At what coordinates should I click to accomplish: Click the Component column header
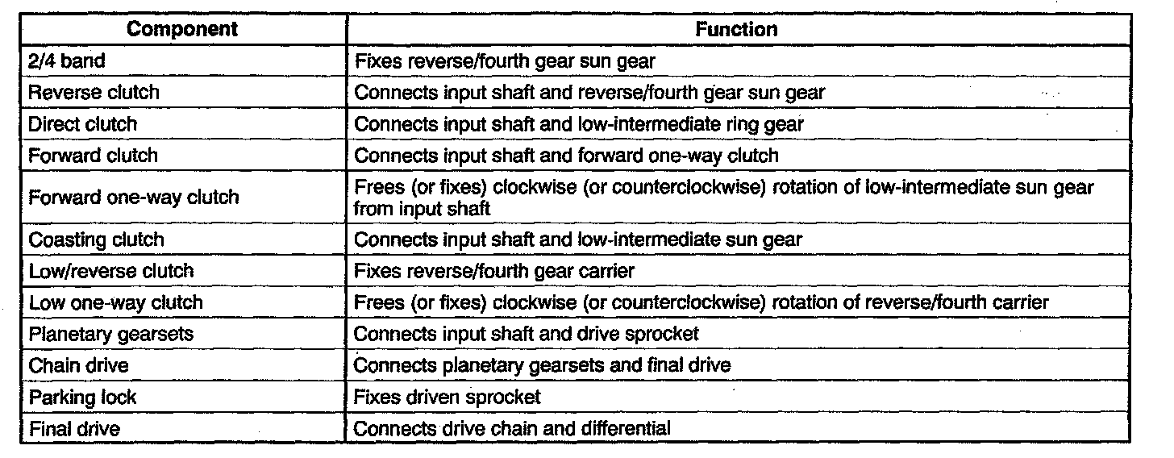pos(183,30)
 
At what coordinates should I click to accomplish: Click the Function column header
pos(737,30)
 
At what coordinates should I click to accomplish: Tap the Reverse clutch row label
pos(94,92)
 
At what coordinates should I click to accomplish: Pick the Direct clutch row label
pos(83,124)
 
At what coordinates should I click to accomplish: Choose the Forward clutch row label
pos(94,156)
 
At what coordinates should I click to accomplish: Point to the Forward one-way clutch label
pos(134,198)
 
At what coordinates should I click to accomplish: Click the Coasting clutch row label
pos(96,239)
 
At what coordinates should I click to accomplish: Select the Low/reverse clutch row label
pos(111,271)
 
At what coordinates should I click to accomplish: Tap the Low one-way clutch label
pos(116,302)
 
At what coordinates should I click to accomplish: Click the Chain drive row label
pos(79,365)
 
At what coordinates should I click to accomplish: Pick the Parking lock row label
pos(82,397)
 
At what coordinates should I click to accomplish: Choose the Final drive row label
pos(75,428)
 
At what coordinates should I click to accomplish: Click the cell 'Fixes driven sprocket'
pos(448,397)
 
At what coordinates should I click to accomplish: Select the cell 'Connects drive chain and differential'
pos(512,428)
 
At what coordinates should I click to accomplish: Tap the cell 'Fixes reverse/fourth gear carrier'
pos(494,271)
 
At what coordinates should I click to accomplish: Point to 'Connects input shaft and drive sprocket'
pos(527,334)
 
